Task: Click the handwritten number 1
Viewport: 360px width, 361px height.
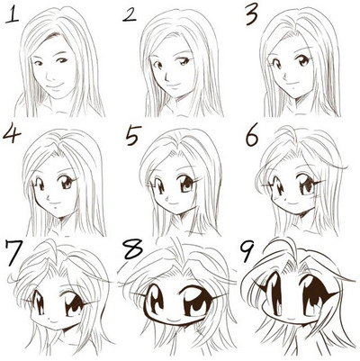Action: [13, 15]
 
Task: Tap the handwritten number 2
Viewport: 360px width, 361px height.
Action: [130, 15]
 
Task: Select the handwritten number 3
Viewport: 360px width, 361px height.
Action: [251, 15]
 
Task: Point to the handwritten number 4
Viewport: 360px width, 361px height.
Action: [12, 134]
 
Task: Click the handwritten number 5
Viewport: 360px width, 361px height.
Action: [133, 137]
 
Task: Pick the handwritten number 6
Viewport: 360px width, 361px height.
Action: [252, 137]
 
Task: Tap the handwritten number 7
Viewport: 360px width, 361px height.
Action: [13, 253]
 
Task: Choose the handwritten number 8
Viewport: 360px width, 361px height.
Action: [133, 248]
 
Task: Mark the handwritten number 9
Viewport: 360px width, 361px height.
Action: [247, 251]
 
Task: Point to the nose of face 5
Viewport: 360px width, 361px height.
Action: [166, 199]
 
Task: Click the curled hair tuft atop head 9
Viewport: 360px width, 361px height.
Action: [281, 246]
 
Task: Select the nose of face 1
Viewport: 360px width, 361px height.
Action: [49, 76]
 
